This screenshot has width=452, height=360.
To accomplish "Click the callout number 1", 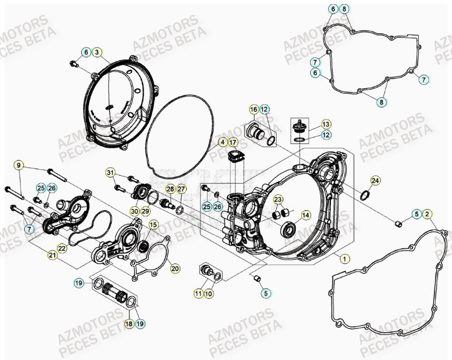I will [x=345, y=258].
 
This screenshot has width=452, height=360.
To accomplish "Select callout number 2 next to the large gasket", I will [x=427, y=214].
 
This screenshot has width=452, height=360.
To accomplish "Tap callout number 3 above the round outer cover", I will [x=97, y=53].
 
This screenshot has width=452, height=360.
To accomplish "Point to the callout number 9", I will [x=19, y=166].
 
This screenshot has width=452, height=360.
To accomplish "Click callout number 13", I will [x=326, y=124].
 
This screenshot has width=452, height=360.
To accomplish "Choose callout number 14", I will [x=305, y=215].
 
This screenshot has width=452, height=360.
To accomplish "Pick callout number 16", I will [x=254, y=109].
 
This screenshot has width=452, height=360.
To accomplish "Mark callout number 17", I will [x=233, y=142].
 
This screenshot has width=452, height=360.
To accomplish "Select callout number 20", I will [x=174, y=268].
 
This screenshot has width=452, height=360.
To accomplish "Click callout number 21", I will [x=52, y=255].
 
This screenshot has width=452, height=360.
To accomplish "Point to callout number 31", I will [x=110, y=172].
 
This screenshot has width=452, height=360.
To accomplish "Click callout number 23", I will [x=278, y=199].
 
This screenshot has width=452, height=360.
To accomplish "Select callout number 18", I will [x=128, y=323].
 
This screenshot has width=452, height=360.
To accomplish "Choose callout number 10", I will [x=209, y=293].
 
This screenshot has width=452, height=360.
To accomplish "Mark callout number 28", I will [x=170, y=189].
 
